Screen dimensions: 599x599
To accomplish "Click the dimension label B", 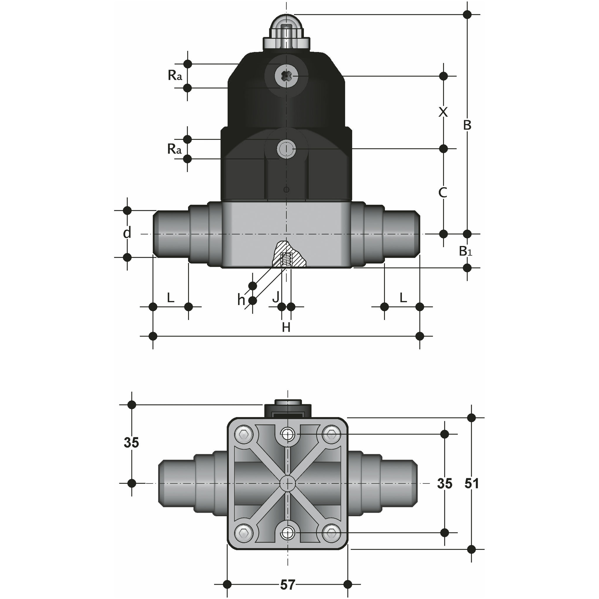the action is [x=467, y=125].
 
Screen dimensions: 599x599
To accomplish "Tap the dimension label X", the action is [x=443, y=112].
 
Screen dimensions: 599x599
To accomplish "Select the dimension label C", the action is [x=443, y=192].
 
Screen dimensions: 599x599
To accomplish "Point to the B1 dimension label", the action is [x=465, y=251].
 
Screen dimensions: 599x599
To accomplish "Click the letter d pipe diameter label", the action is [x=127, y=232].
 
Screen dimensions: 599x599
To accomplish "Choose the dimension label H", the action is [x=286, y=327].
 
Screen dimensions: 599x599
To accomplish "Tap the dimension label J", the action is [x=276, y=297].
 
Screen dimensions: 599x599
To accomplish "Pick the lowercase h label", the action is [x=241, y=299].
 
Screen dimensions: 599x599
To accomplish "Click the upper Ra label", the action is [x=175, y=75].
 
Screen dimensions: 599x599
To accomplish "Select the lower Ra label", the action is [x=174, y=149].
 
